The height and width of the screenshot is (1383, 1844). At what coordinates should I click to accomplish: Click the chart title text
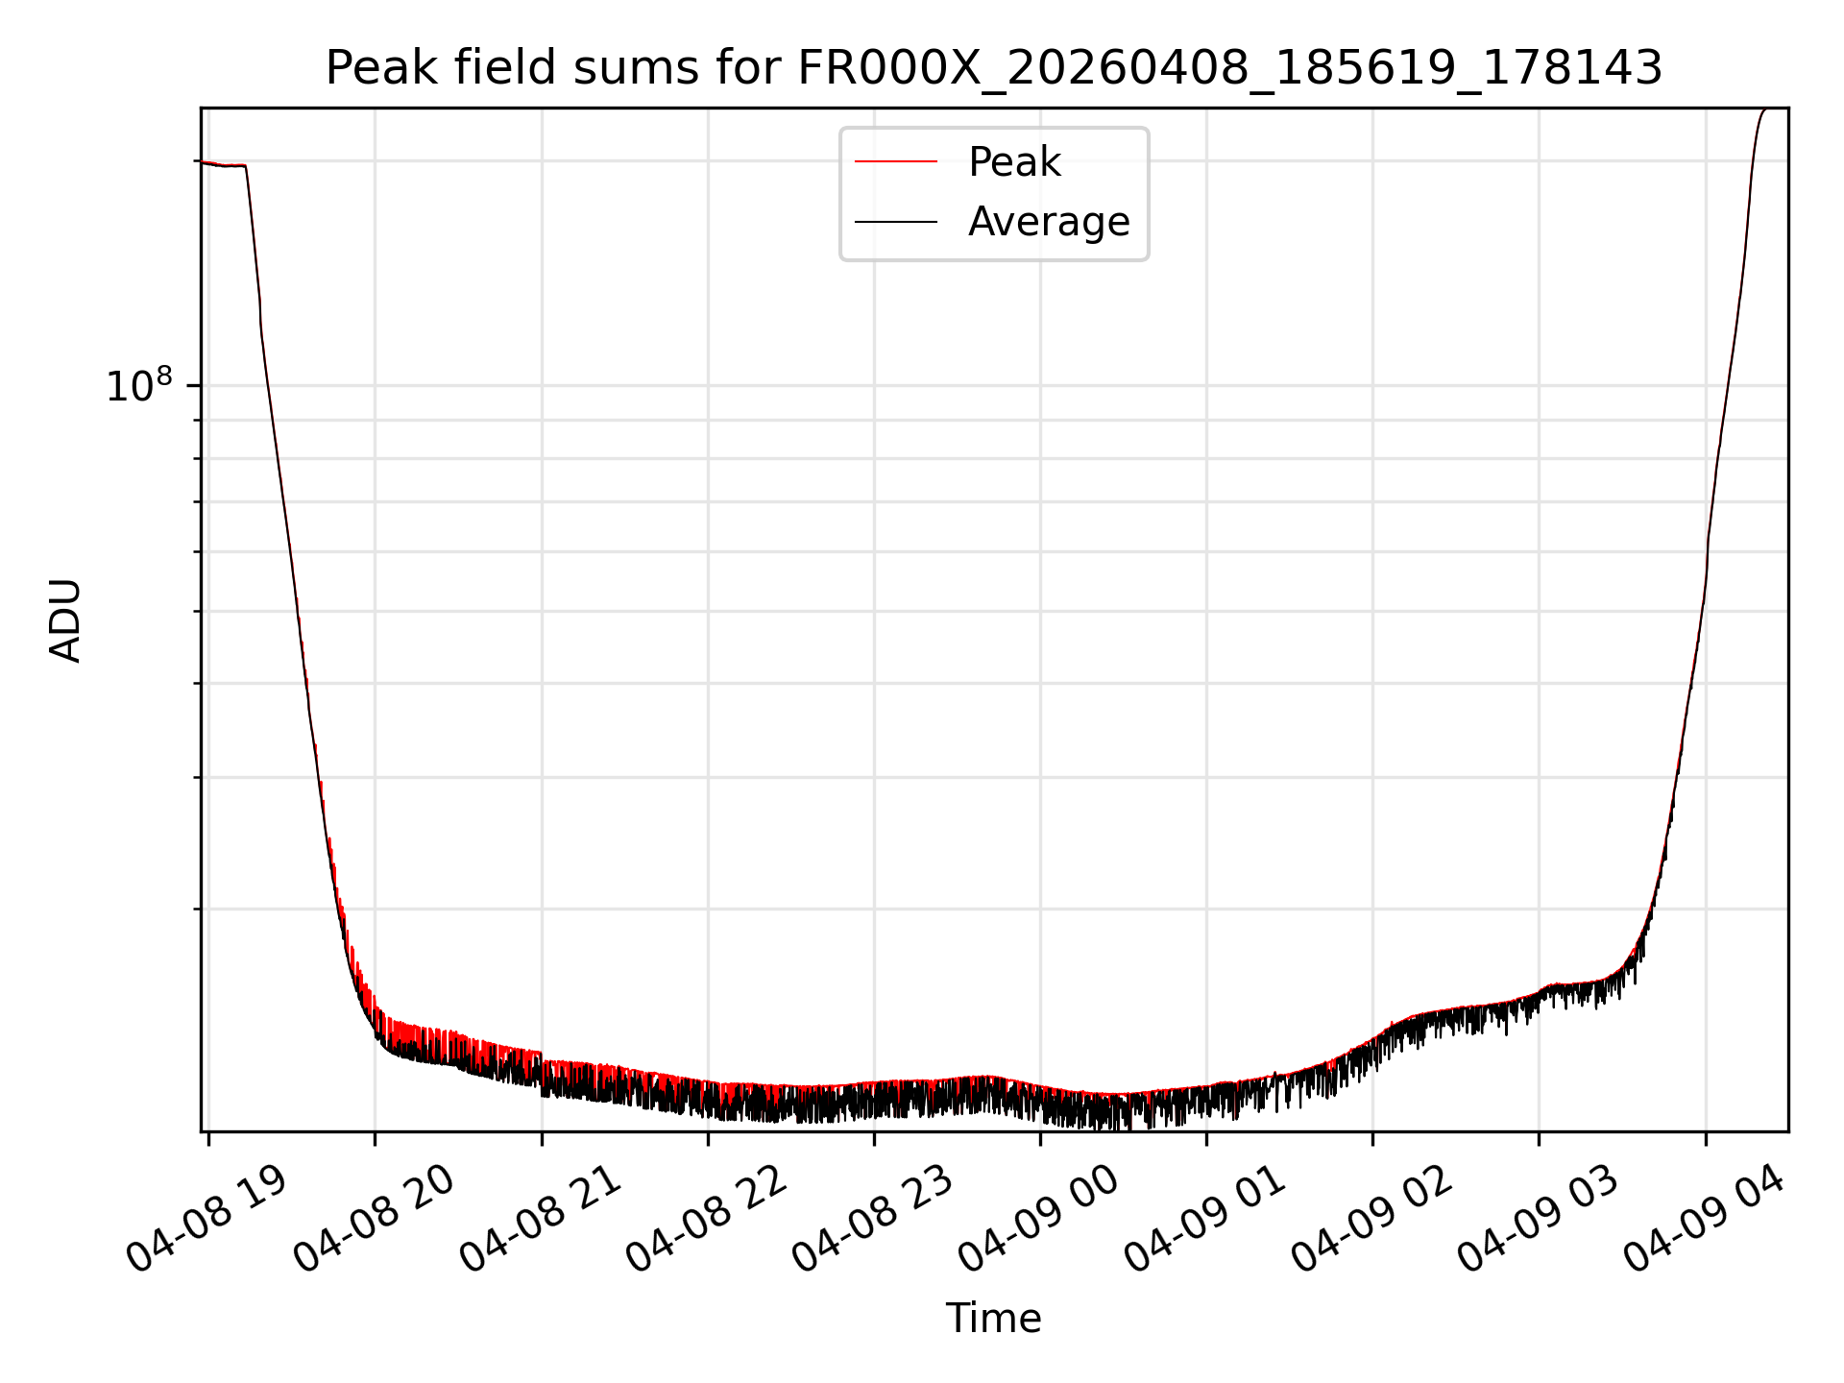point(994,68)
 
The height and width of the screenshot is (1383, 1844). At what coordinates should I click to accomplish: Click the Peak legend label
point(1014,162)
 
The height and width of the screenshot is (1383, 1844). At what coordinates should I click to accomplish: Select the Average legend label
point(1049,222)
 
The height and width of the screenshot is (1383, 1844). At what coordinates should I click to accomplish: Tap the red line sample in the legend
point(896,162)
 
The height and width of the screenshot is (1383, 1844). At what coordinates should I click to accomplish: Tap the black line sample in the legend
point(896,222)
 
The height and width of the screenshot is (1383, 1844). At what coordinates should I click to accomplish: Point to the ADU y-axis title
point(65,620)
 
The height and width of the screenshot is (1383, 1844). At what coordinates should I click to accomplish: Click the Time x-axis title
point(994,1319)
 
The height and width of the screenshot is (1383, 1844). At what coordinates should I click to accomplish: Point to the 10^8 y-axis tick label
point(139,384)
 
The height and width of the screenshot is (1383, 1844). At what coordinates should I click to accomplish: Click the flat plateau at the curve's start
point(223,165)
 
